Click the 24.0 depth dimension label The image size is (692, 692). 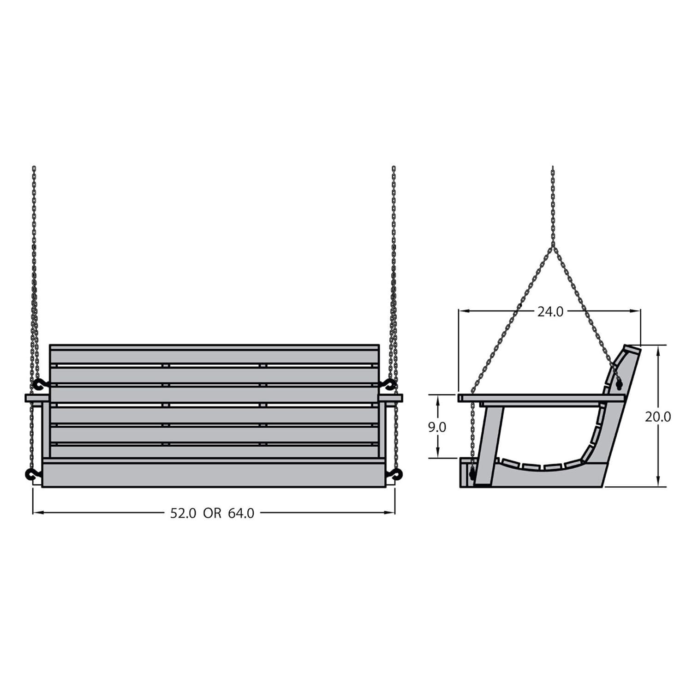click(x=550, y=312)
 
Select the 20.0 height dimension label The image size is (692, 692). click(x=658, y=417)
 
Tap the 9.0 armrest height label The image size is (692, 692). click(x=437, y=427)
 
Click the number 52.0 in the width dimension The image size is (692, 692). click(x=183, y=513)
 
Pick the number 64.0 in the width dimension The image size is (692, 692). click(x=241, y=513)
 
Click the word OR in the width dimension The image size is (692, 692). click(x=212, y=513)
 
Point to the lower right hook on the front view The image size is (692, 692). click(x=395, y=473)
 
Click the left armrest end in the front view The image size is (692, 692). click(x=37, y=398)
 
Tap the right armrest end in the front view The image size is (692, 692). click(x=391, y=398)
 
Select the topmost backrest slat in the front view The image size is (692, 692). click(x=214, y=356)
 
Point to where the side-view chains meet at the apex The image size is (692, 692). click(x=553, y=246)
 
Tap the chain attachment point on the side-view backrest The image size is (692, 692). click(x=619, y=383)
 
